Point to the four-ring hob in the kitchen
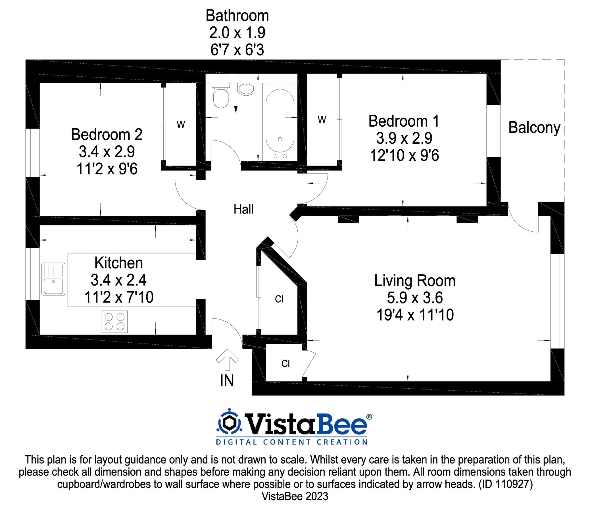coord(115,322)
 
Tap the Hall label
coord(243,209)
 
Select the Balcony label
coord(534,127)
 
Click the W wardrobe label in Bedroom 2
coord(181,125)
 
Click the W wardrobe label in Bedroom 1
coord(322,120)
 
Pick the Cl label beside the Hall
coord(279,299)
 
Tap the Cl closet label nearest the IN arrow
coord(285,364)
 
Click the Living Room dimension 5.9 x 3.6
coord(414,298)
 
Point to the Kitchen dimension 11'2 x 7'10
coord(119,297)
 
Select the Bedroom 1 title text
coord(403,121)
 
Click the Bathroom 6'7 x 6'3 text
coord(237,50)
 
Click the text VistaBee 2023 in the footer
coord(295,497)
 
